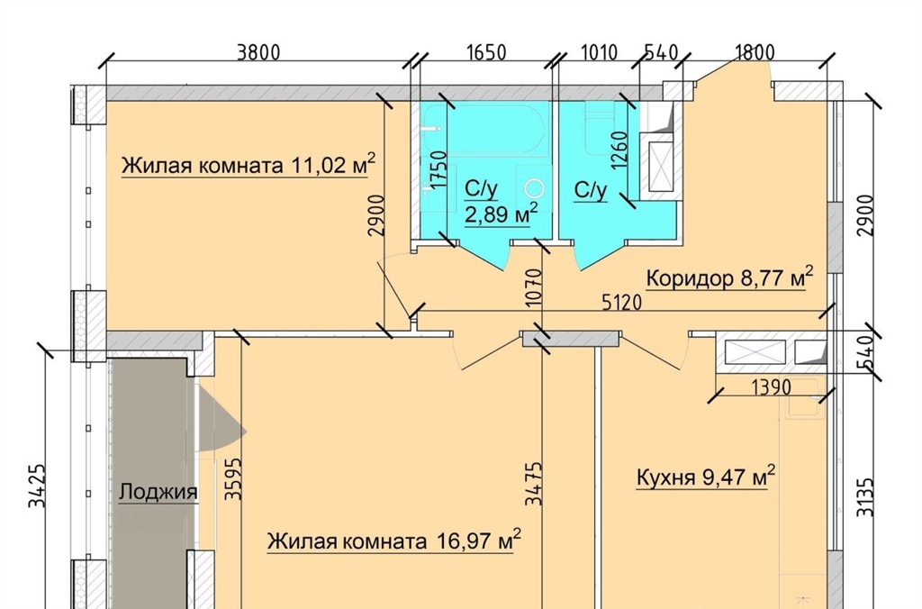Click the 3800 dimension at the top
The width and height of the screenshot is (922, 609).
[258, 52]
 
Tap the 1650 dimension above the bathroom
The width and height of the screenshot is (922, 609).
[486, 52]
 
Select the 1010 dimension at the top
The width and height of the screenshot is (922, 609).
[599, 52]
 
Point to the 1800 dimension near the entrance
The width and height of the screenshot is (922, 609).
[755, 52]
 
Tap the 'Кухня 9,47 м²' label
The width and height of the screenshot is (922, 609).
[706, 477]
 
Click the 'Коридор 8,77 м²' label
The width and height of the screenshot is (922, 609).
[729, 277]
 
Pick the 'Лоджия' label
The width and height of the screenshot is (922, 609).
[158, 491]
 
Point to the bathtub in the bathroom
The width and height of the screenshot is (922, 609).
[485, 130]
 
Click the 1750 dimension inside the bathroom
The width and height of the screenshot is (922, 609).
[438, 170]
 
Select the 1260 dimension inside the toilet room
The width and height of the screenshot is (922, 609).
[619, 150]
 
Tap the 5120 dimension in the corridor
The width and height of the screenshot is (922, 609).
[621, 303]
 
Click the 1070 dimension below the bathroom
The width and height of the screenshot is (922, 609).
[533, 287]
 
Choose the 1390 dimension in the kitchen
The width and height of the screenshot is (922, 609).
[771, 386]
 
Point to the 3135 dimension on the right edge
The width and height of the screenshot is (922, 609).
[864, 497]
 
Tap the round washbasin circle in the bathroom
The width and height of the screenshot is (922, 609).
[535, 188]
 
